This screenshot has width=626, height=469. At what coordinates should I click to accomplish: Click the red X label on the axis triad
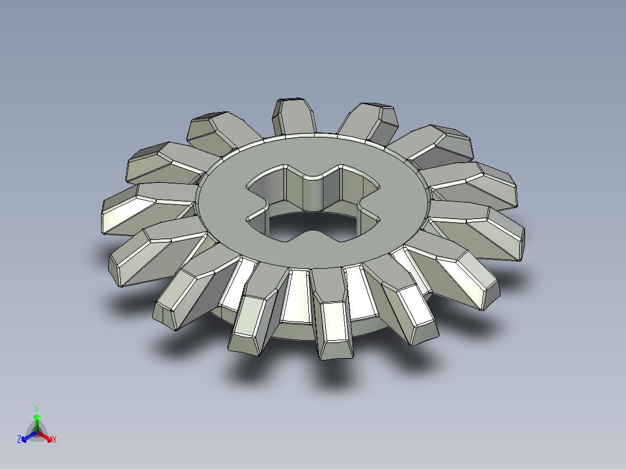pos(55,440)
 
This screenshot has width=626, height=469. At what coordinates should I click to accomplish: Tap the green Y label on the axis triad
pos(36,408)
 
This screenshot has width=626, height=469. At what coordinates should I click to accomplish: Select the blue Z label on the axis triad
pos(19,440)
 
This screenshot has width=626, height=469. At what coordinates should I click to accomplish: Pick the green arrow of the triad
pos(36,419)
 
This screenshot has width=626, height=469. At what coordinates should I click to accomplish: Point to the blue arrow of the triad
pos(26,436)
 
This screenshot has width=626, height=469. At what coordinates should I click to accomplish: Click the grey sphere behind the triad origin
pos(37,432)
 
